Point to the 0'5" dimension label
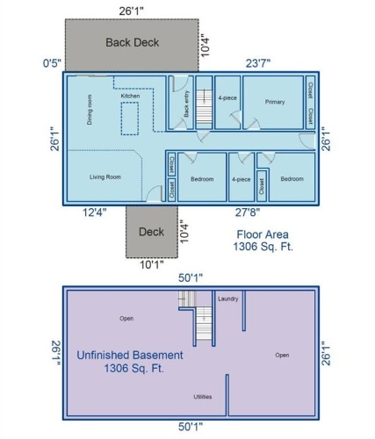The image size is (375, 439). click(51, 62)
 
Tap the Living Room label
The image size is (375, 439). click(105, 176)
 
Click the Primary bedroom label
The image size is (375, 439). click(275, 102)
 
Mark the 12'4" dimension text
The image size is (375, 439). click(95, 212)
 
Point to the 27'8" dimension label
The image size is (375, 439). click(247, 212)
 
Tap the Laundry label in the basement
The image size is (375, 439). click(228, 299)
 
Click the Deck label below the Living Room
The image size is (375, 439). click(151, 232)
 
